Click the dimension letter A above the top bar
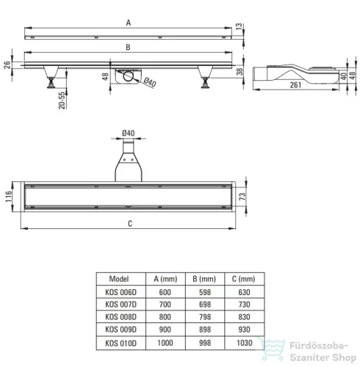click(x=129, y=23)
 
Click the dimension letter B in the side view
click(x=128, y=47)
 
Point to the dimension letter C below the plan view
click(x=130, y=223)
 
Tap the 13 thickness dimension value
click(x=239, y=26)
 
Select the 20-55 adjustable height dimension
click(x=62, y=101)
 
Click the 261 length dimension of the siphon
click(x=295, y=85)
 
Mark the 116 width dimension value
click(x=9, y=197)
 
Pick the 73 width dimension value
click(x=242, y=196)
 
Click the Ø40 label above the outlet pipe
click(x=129, y=133)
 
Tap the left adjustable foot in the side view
click(x=51, y=76)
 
